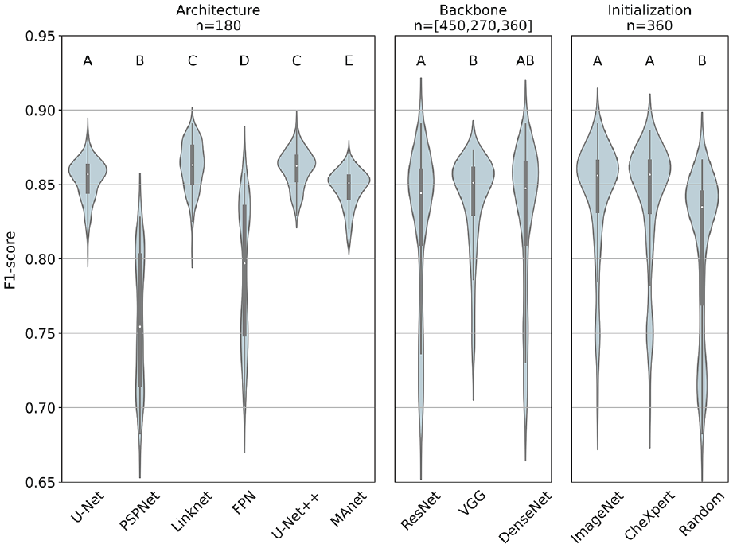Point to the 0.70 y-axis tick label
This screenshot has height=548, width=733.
pyautogui.click(x=38, y=408)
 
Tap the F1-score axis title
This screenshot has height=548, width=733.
pyautogui.click(x=11, y=259)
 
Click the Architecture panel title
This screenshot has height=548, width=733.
pyautogui.click(x=218, y=10)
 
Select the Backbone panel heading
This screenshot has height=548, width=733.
pyautogui.click(x=473, y=10)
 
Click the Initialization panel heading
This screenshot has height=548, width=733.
pyautogui.click(x=649, y=10)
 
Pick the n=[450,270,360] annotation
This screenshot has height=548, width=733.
pyautogui.click(x=473, y=25)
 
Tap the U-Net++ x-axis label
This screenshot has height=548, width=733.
pyautogui.click(x=296, y=515)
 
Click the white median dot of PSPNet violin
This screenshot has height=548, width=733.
pyautogui.click(x=140, y=327)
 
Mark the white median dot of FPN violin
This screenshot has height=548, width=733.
pyautogui.click(x=244, y=263)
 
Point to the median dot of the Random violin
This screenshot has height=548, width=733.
pyautogui.click(x=702, y=207)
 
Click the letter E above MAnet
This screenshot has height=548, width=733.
pyautogui.click(x=349, y=60)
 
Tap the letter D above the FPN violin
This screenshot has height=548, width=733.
pyautogui.click(x=244, y=60)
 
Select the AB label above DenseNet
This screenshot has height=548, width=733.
pyautogui.click(x=525, y=60)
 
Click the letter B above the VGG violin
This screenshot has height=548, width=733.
pyautogui.click(x=473, y=60)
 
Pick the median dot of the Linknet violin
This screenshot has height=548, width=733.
pyautogui.click(x=192, y=165)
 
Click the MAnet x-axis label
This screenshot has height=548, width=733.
pyautogui.click(x=349, y=509)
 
